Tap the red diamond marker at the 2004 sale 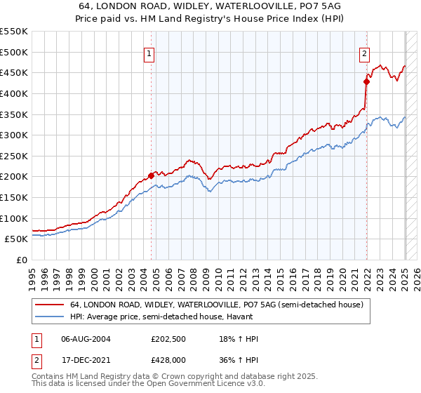tap(151, 175)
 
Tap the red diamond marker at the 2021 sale tap(366, 81)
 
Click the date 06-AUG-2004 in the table tap(86, 339)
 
